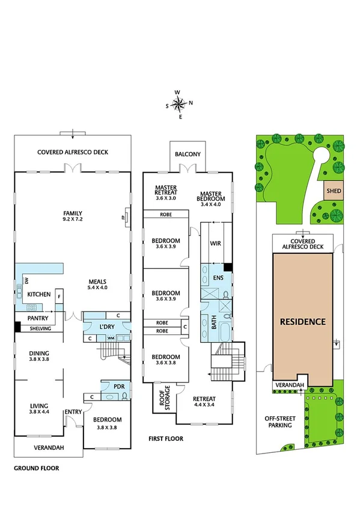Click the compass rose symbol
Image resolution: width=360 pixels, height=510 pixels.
tap(179, 104)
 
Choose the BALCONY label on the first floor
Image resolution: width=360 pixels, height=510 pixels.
tap(188, 155)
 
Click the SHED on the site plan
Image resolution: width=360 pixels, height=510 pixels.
tap(334, 191)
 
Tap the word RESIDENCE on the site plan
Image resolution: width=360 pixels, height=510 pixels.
tap(303, 321)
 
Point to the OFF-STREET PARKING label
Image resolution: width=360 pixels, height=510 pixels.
tap(278, 422)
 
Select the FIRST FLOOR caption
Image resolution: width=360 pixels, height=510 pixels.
tap(166, 438)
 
